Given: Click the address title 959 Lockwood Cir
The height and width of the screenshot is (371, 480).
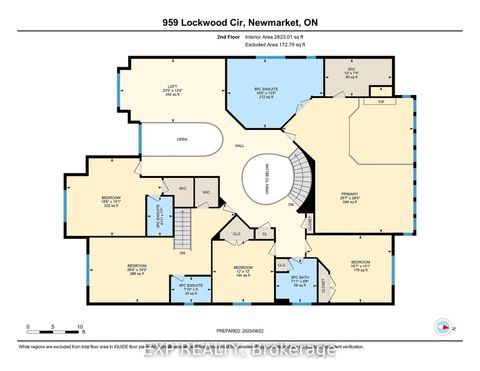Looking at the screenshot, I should click(240, 19).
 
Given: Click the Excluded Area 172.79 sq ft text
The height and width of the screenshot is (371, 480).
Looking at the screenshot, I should click(277, 49).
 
